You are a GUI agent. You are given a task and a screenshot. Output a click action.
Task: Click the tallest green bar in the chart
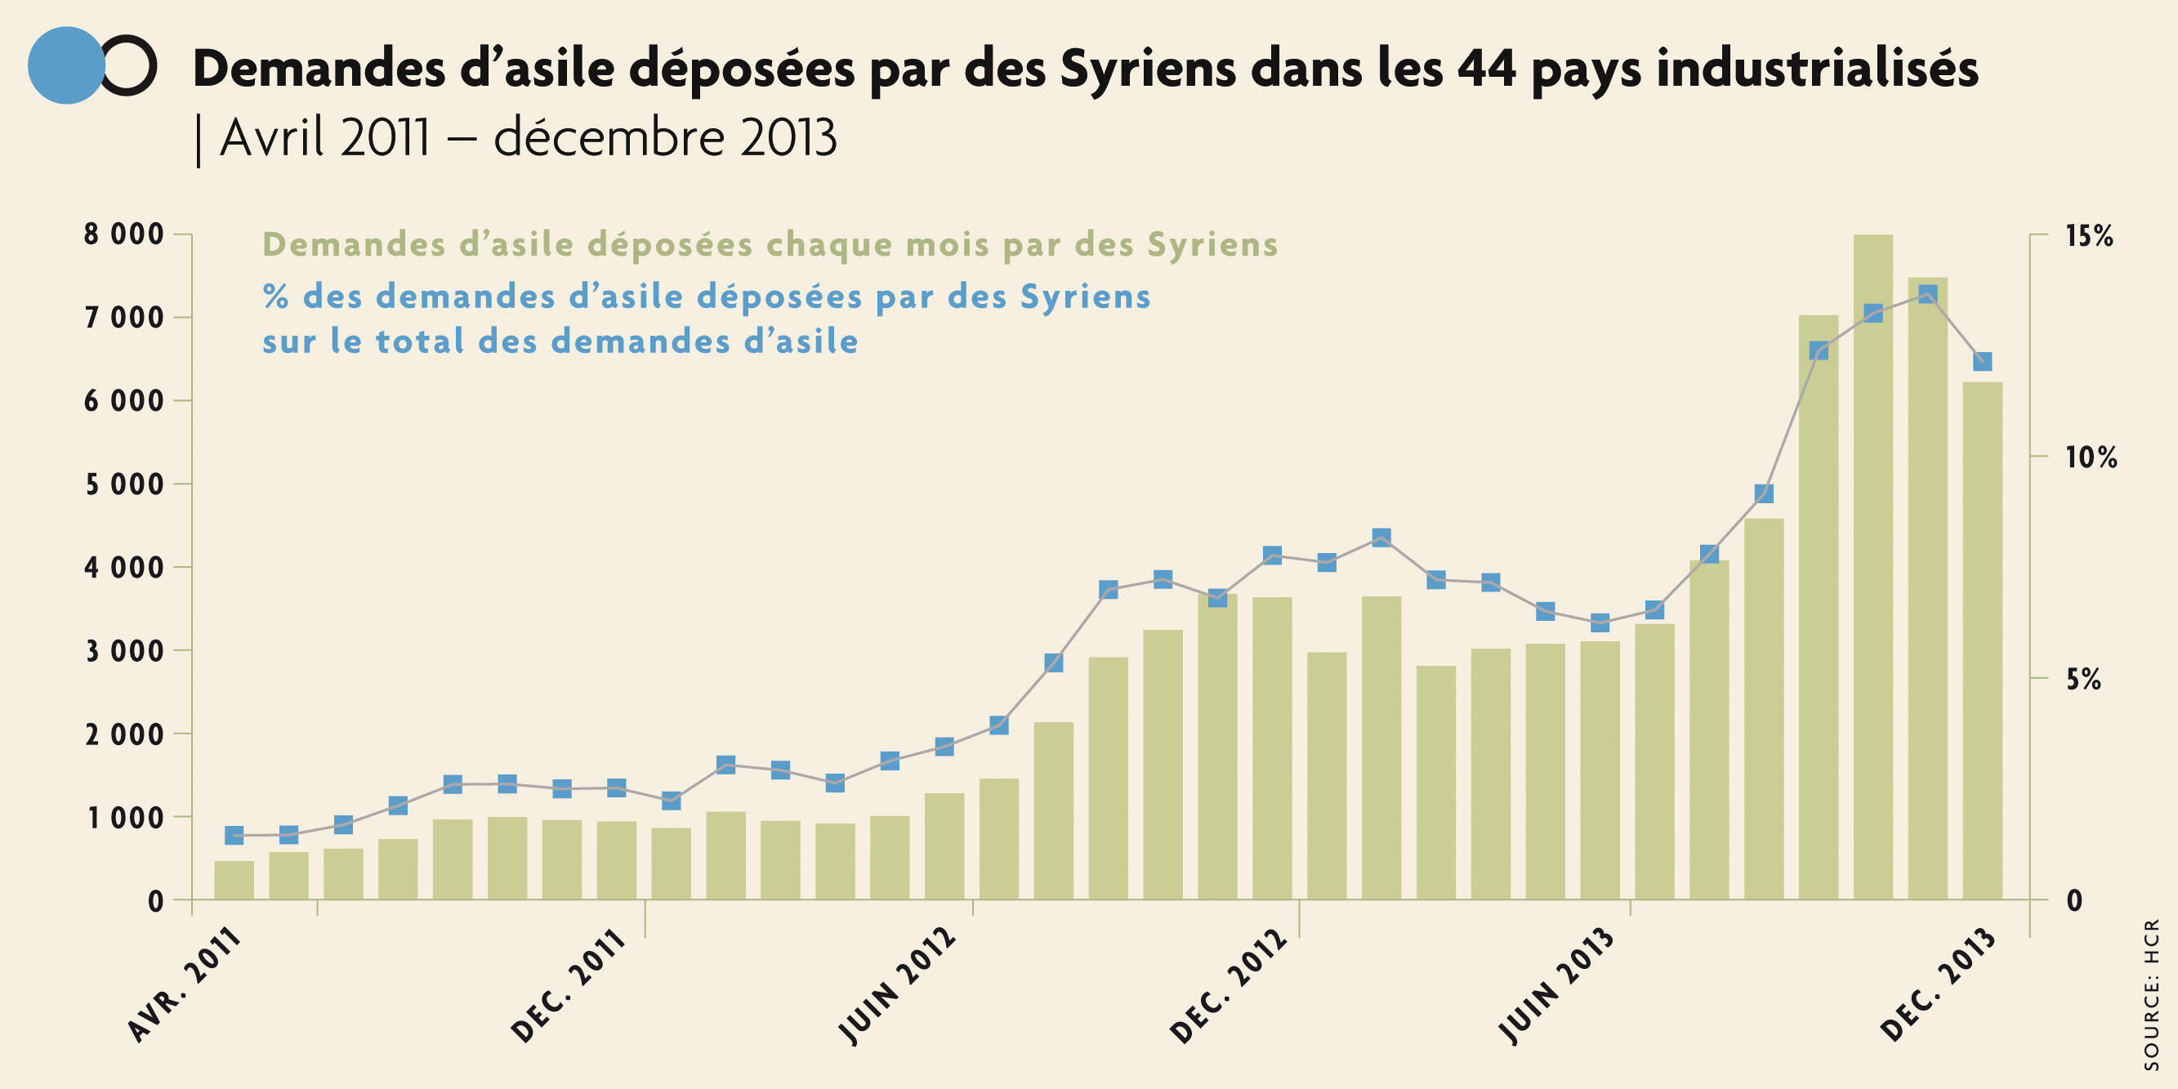pyautogui.click(x=1872, y=566)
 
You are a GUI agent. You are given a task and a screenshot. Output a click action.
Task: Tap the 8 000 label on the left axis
pyautogui.click(x=123, y=234)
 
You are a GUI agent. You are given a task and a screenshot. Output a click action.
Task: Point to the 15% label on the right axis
pyautogui.click(x=2089, y=236)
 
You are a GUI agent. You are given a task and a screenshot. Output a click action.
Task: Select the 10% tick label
pyautogui.click(x=2091, y=457)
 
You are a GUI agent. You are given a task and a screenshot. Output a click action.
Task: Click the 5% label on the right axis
pyautogui.click(x=2084, y=679)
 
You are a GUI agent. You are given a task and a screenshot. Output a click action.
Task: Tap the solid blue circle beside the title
pyautogui.click(x=66, y=65)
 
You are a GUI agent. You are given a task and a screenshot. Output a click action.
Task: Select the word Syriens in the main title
pyautogui.click(x=1148, y=68)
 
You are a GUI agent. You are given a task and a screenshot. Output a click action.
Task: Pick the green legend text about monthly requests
pyautogui.click(x=770, y=244)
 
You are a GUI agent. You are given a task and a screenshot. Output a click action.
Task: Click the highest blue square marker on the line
pyautogui.click(x=1928, y=294)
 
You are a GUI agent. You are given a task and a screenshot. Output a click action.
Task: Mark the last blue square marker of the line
pyautogui.click(x=1983, y=361)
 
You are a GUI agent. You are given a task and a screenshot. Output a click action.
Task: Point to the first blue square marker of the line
pyautogui.click(x=234, y=836)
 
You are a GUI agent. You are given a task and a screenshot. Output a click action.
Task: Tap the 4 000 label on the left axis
pyautogui.click(x=123, y=567)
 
